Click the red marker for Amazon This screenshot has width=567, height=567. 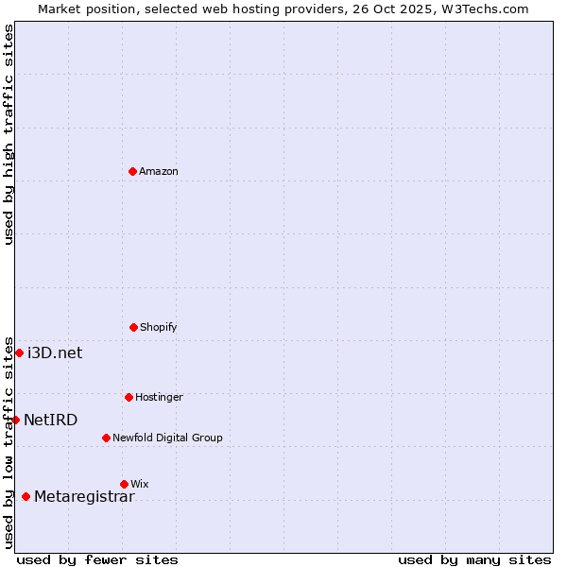(132, 171)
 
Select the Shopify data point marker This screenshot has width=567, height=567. (133, 327)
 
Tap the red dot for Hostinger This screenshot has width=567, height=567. (129, 397)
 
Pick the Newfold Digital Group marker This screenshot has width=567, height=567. (106, 438)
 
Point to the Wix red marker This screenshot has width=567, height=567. (124, 484)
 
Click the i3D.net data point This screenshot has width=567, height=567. (19, 352)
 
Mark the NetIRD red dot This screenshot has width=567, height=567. (15, 420)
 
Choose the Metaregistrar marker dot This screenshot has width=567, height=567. (26, 496)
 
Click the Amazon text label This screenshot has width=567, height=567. (159, 171)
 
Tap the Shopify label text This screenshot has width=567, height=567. (159, 327)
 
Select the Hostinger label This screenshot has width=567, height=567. (159, 397)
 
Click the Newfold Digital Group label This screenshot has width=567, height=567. (167, 438)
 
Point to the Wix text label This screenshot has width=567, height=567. (140, 484)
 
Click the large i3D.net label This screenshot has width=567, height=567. (55, 352)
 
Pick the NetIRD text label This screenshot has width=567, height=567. (51, 420)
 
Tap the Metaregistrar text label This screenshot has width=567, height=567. (84, 497)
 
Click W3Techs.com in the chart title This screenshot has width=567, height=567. (484, 9)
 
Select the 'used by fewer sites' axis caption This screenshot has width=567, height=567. (97, 559)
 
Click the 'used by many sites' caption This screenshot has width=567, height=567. (474, 559)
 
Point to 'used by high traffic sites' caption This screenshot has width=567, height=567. (9, 135)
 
